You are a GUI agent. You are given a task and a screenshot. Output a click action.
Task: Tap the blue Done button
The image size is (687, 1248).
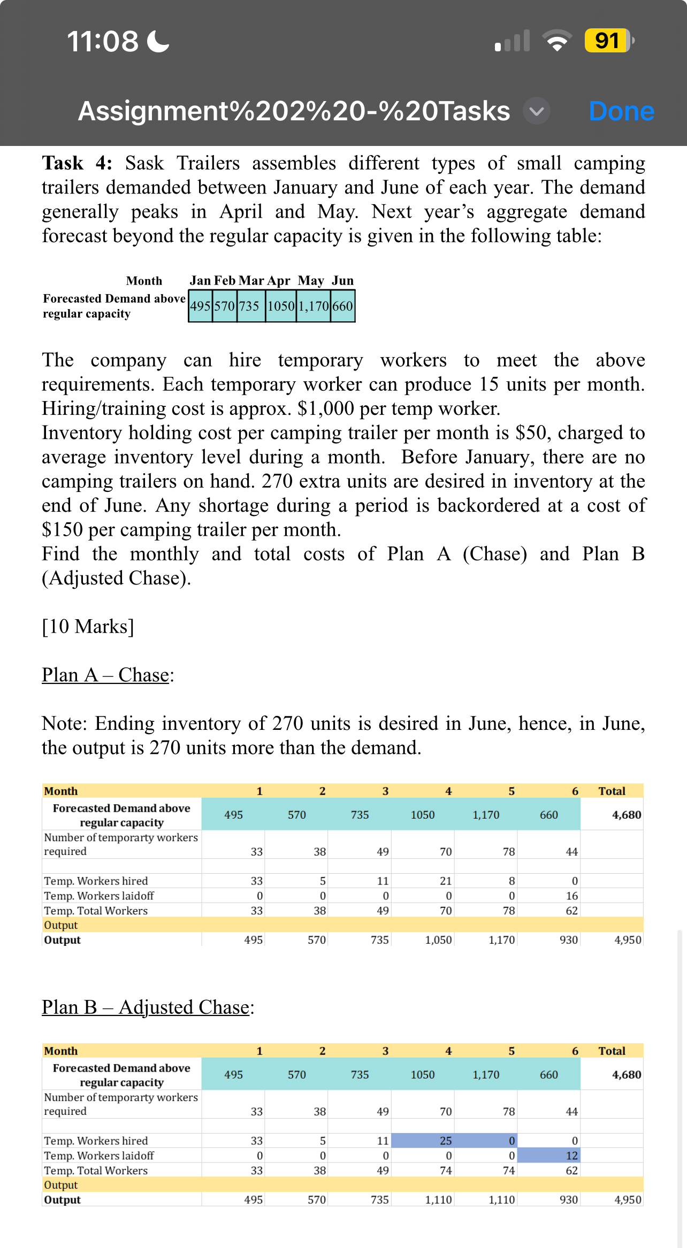(x=621, y=111)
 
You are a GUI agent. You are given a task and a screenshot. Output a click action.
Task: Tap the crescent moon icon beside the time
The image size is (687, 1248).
(x=158, y=41)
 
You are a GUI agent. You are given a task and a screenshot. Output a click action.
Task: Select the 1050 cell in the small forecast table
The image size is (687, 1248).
(x=281, y=306)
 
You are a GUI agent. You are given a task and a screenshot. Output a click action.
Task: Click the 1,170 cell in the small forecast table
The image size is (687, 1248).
(x=314, y=306)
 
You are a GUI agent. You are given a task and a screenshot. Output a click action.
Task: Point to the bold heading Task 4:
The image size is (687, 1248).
(x=77, y=163)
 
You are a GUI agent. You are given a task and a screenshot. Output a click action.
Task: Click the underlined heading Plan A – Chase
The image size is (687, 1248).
(x=106, y=675)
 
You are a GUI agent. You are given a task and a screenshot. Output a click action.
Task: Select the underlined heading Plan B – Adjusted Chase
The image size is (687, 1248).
(x=146, y=1007)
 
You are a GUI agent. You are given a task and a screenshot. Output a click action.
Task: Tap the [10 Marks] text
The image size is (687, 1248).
(x=88, y=626)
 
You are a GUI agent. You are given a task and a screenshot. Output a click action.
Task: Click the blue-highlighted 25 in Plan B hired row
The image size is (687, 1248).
(x=445, y=1141)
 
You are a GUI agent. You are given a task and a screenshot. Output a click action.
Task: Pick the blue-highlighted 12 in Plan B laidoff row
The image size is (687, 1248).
(x=571, y=1155)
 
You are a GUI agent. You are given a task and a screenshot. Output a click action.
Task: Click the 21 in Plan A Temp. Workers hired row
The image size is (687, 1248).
(x=445, y=881)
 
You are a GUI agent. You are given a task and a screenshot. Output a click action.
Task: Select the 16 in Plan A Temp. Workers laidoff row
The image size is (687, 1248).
(x=571, y=896)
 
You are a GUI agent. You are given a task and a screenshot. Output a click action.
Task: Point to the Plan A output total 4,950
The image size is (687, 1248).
(x=628, y=939)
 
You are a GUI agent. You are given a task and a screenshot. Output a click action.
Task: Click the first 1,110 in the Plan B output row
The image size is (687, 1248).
(x=438, y=1199)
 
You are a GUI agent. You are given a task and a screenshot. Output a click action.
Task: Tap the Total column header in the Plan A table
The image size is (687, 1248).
(x=612, y=791)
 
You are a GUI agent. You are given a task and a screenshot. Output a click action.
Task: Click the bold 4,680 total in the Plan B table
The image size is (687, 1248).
(x=626, y=1074)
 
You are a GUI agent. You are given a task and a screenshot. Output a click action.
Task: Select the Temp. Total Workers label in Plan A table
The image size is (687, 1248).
(x=96, y=911)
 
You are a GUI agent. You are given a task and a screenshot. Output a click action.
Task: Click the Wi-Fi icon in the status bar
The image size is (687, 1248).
(x=556, y=41)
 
